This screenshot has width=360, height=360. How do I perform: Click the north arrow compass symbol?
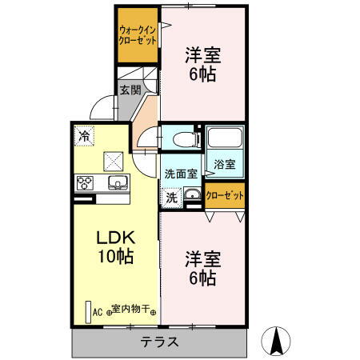(277, 341)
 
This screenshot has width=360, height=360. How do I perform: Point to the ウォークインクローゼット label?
(137, 35)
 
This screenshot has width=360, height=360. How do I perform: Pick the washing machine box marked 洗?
(170, 195)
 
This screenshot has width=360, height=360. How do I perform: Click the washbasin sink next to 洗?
(191, 194)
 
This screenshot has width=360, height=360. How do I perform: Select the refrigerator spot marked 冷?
(84, 136)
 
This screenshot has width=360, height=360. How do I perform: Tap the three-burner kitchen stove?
(85, 182)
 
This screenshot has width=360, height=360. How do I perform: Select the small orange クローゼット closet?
(224, 196)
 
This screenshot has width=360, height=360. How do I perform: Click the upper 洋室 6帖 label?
(202, 66)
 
